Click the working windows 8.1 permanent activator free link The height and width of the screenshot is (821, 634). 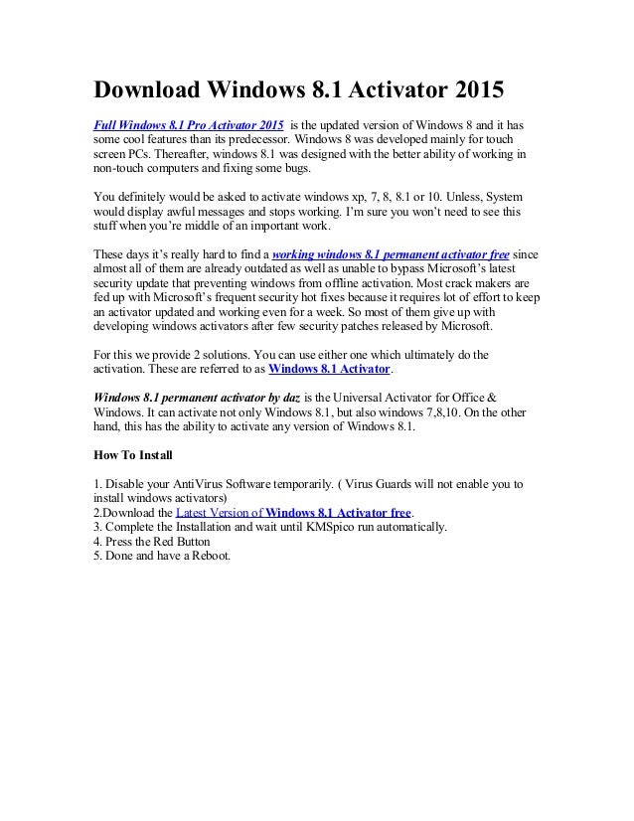390,253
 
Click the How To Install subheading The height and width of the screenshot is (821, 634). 132,455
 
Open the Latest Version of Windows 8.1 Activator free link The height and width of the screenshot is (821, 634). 293,513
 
